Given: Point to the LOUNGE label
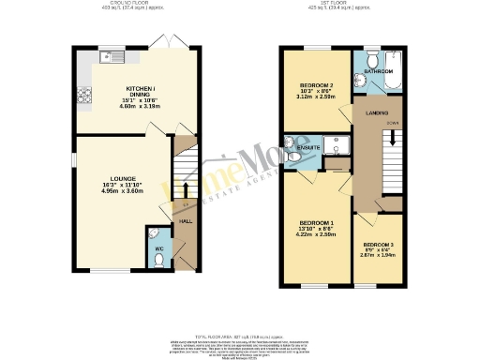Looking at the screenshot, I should (123, 178).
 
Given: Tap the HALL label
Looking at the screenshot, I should (186, 221).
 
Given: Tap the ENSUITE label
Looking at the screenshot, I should (308, 147).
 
